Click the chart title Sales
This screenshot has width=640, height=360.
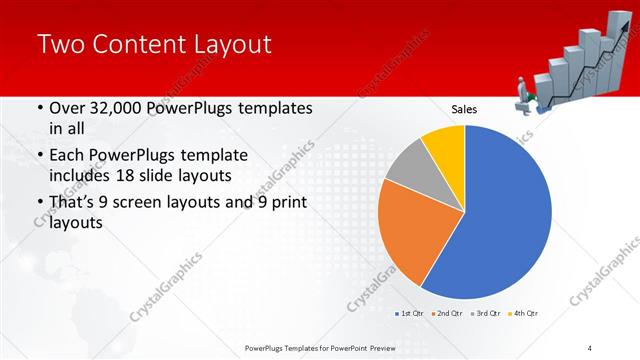464,109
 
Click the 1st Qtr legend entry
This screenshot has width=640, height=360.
410,314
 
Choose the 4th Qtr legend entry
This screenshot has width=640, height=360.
526,314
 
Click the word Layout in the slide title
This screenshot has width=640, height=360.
222,44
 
